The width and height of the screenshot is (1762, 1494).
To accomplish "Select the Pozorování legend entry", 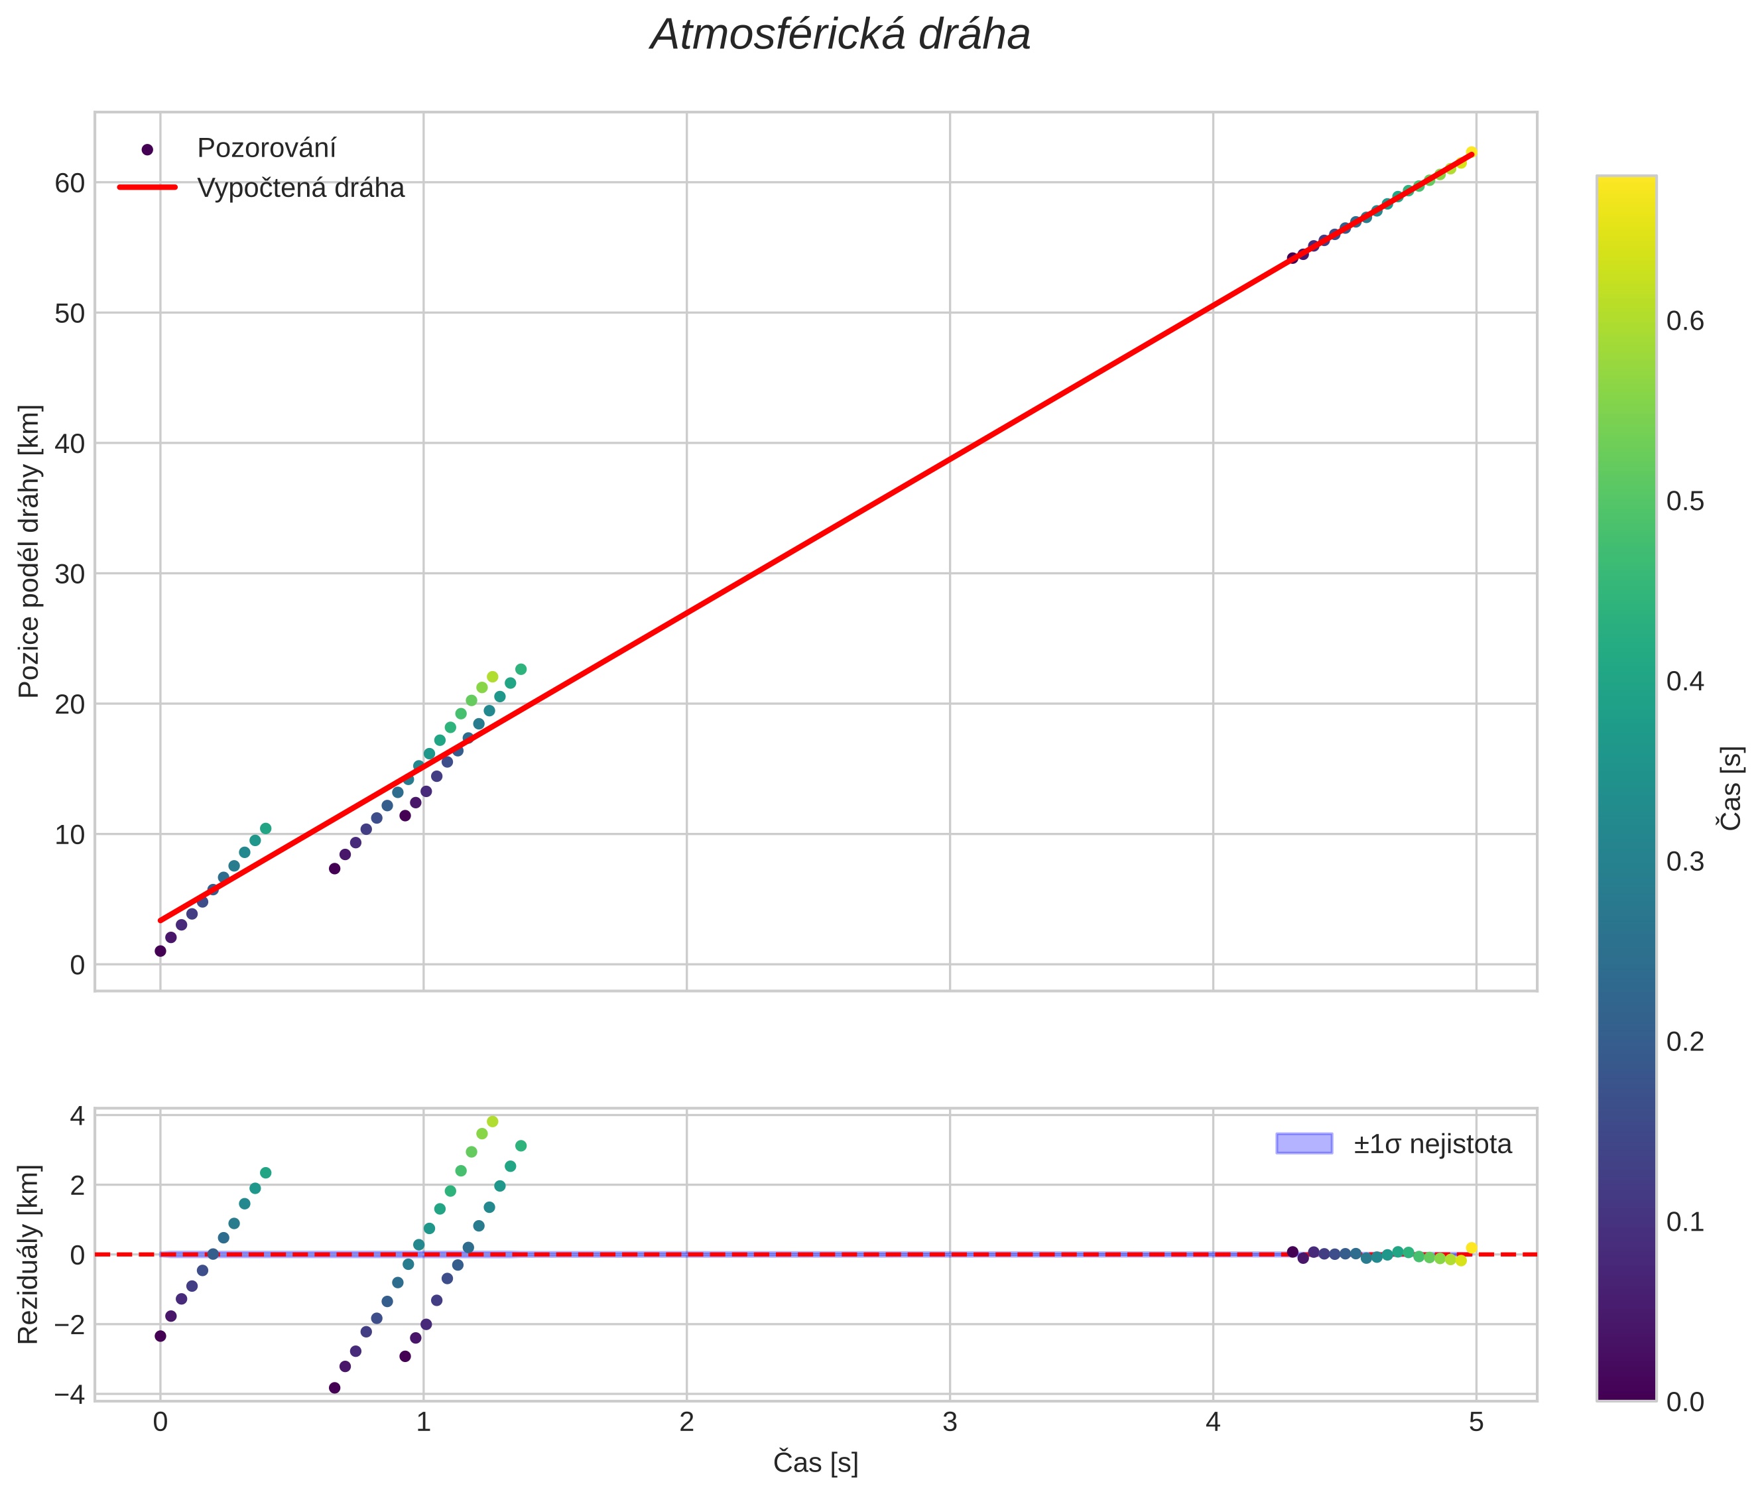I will pos(265,149).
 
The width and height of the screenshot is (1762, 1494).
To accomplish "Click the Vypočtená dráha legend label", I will pos(300,188).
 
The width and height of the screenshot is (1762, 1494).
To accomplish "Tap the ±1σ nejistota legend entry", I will pos(1432,1145).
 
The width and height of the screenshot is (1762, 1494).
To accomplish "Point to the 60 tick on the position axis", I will pos(70,183).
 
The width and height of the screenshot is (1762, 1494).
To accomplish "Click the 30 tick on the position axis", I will pos(70,574).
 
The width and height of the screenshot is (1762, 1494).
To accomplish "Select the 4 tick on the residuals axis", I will pos(77,1116).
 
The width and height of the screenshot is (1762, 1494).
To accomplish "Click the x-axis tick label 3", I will pos(950,1422).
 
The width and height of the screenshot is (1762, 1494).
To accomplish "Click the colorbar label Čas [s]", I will pos(1731,788).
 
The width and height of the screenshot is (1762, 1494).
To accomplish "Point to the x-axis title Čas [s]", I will pos(815,1463).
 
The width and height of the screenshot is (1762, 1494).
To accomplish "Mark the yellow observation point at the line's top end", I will pos(1472,153).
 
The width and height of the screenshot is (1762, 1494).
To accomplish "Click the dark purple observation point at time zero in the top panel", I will pos(160,951).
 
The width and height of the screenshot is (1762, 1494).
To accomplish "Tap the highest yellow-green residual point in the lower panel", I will pos(492,1121).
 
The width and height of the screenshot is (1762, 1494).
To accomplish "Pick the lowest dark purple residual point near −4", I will pos(335,1388).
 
